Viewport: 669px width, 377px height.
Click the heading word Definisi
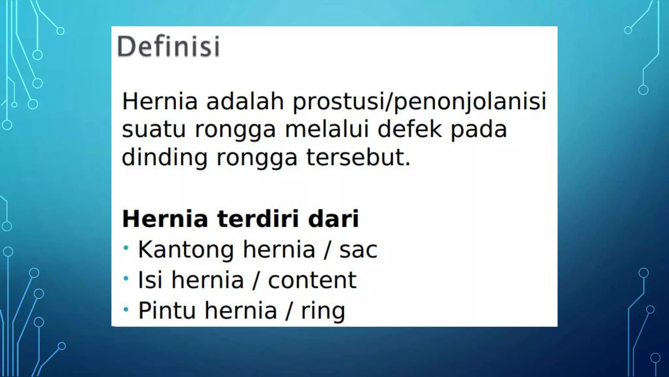168,46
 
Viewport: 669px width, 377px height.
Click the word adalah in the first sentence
245,101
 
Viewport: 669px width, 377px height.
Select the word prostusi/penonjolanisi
419,101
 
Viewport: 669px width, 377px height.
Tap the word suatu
154,129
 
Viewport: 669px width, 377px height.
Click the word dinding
164,158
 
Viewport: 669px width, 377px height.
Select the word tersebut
358,157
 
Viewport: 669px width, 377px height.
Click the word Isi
150,280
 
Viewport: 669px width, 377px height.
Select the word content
312,280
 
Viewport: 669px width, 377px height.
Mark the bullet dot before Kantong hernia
126,248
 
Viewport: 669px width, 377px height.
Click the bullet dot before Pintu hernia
126,309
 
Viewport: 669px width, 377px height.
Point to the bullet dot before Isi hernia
126,278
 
